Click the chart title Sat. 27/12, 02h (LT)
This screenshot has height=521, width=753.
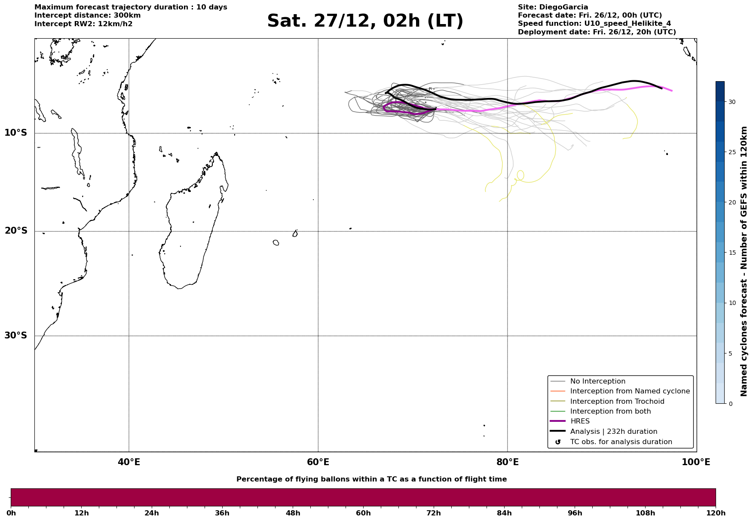(365, 21)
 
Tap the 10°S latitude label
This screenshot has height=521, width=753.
(16, 133)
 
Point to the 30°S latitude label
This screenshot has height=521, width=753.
(16, 335)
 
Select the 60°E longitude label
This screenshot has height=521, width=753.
(318, 462)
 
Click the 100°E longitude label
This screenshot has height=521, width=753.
(696, 462)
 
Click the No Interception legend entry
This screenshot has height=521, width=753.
(597, 381)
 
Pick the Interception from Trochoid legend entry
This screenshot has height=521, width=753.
(617, 402)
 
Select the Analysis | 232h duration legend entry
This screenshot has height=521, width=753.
(613, 432)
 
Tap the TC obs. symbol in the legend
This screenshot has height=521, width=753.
(558, 442)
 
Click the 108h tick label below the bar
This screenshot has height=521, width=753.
(645, 513)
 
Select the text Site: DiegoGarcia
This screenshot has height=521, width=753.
(553, 7)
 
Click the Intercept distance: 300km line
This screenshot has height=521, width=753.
(87, 15)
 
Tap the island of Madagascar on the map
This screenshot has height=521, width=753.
(189, 232)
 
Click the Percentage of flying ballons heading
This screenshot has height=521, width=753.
(371, 479)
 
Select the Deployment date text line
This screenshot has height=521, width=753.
(597, 32)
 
